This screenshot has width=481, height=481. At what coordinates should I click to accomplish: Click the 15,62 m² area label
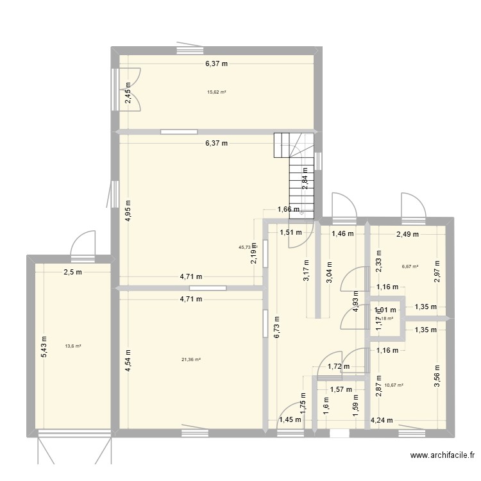[216, 92]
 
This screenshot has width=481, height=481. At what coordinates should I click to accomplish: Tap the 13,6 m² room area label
[72, 346]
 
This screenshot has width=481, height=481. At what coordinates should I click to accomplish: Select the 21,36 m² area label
[191, 360]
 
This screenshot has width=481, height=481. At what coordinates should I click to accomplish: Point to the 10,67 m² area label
[394, 385]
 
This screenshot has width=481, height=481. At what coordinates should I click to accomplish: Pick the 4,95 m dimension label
[128, 208]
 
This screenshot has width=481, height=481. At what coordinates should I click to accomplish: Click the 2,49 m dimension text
[407, 234]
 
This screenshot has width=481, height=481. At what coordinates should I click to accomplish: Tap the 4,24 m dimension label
[382, 421]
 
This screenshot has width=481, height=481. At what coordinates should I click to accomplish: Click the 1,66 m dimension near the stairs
[289, 209]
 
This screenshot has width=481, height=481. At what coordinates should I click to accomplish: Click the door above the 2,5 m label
[82, 247]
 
